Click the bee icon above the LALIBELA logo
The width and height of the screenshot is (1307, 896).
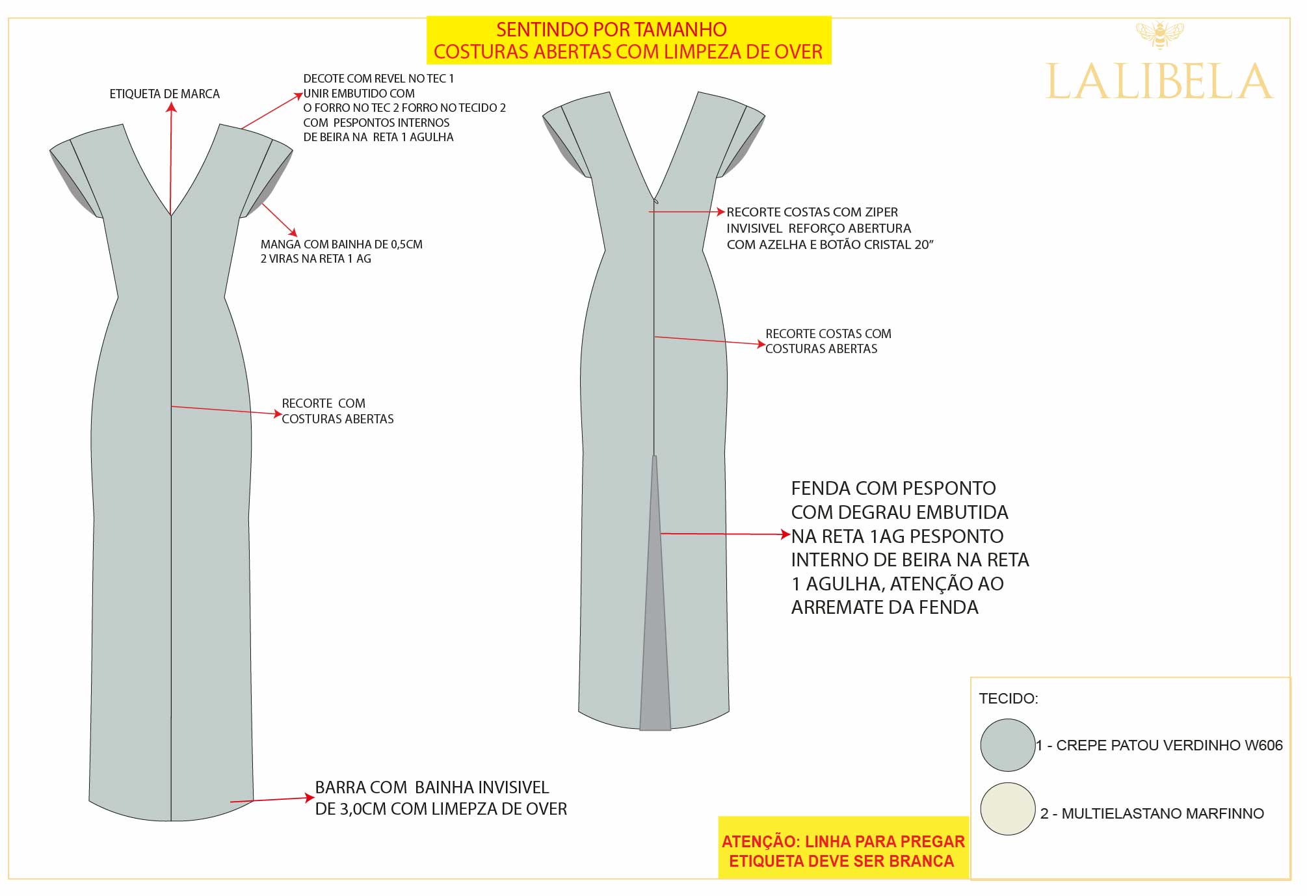point(1159,35)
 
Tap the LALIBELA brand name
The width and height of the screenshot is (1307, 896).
point(1159,82)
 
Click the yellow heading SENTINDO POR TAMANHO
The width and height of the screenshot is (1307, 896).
point(611,29)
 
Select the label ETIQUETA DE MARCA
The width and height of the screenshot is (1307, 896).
point(165,94)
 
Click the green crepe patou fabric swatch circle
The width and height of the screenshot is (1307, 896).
point(1007,745)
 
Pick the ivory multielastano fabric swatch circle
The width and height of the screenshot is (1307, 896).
point(1007,809)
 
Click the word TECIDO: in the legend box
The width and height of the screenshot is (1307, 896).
point(1009,699)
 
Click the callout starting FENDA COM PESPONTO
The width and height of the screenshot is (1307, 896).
point(910,547)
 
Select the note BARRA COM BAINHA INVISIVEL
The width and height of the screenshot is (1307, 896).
point(441,798)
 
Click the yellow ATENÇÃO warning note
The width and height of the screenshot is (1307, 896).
point(843,851)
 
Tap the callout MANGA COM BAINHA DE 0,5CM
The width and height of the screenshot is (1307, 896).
point(341,252)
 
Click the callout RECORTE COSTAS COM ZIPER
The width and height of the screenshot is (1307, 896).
point(830,228)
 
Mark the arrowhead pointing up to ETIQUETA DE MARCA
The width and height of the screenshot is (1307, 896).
point(171,108)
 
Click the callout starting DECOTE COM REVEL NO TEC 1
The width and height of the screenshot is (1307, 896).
point(404,108)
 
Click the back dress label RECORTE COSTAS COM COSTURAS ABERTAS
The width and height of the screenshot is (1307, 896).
point(828,341)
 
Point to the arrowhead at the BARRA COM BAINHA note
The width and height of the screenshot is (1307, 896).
point(310,798)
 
